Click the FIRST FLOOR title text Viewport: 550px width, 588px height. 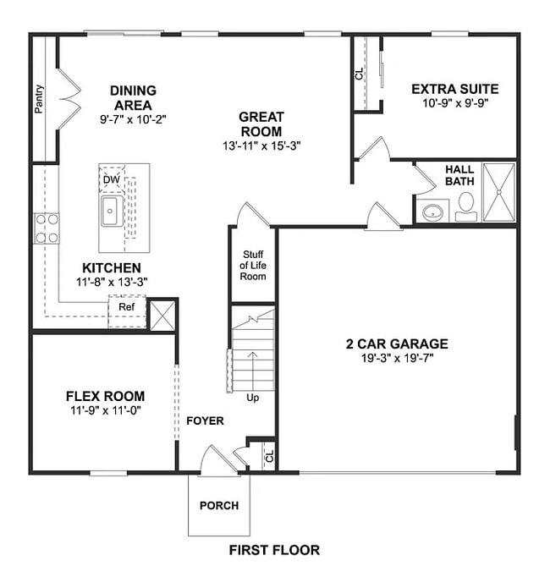[274, 550]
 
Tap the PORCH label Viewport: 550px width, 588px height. [218, 506]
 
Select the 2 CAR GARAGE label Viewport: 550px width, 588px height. [397, 344]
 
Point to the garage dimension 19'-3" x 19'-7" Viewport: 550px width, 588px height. [397, 358]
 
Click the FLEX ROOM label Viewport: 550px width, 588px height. [105, 396]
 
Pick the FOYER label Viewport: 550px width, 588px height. [205, 420]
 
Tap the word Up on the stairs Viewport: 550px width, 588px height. [252, 397]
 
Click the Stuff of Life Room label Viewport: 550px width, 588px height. [254, 266]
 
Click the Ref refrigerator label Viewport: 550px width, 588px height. [126, 307]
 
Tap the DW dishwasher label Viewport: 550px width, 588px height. [111, 179]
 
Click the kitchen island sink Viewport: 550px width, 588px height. [111, 212]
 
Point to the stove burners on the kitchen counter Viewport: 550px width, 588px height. [47, 228]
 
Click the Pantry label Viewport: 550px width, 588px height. [40, 98]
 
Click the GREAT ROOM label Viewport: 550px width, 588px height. [261, 124]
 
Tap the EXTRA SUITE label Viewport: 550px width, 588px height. [454, 89]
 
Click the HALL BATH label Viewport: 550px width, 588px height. [459, 175]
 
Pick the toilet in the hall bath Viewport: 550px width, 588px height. [466, 203]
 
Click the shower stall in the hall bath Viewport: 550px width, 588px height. [498, 191]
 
